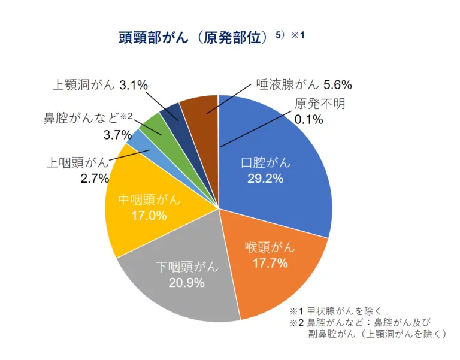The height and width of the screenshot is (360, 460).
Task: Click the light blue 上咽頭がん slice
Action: pos(136,141)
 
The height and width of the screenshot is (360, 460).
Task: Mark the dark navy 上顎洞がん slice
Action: pos(171,111)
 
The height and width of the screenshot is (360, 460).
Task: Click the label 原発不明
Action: pos(320,103)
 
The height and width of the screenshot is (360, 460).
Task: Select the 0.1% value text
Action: pos(309,119)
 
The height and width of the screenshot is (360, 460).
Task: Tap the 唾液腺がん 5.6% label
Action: pos(304,84)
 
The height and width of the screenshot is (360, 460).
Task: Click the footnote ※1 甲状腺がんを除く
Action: pos(332,311)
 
